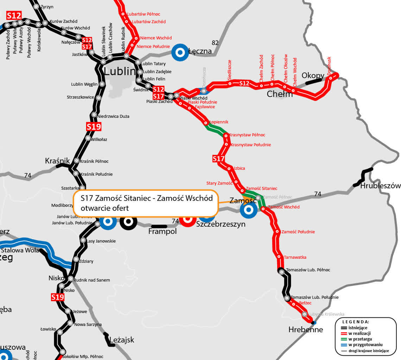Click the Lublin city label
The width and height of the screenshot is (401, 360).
(x=120, y=71)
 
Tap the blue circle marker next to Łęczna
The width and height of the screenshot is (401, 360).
(x=180, y=53)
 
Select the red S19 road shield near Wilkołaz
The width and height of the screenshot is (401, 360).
(x=94, y=127)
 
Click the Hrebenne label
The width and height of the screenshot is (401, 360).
(x=305, y=330)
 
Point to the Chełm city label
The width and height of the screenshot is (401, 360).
(x=280, y=94)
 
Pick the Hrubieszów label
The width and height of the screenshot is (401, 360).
(x=380, y=186)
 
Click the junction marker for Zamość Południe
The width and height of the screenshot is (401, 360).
(x=278, y=232)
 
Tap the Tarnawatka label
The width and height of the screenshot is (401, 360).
(x=295, y=257)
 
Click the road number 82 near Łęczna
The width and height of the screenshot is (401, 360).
(x=215, y=43)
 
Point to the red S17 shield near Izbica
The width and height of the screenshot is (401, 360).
(x=218, y=159)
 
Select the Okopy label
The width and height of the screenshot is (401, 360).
(x=313, y=76)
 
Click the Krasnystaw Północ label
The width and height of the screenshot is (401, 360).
(x=247, y=135)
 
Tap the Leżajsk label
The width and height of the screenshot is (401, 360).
(x=122, y=340)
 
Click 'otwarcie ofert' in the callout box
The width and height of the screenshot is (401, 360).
(x=104, y=208)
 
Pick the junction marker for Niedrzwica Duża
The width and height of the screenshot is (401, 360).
(x=94, y=115)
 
